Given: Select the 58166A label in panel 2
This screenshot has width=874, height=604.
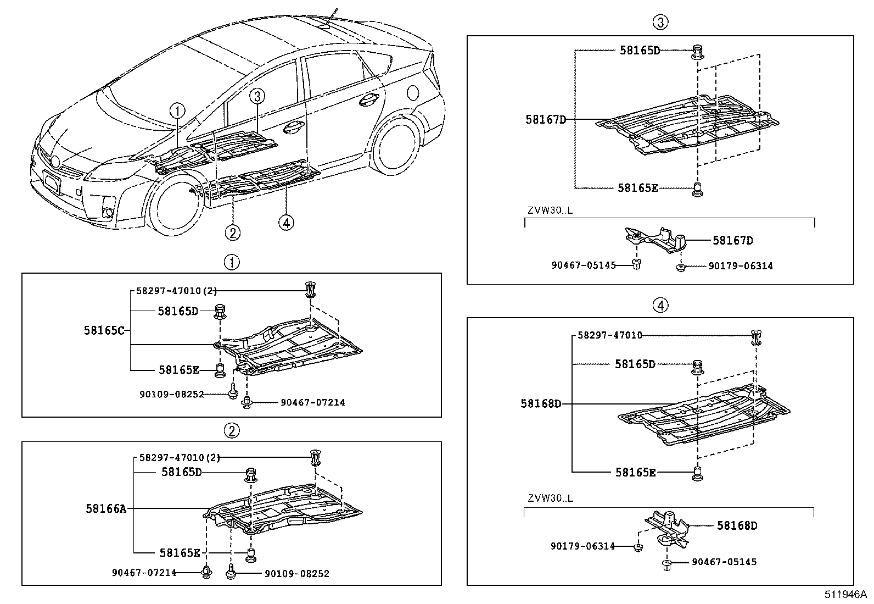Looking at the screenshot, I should point(106,509).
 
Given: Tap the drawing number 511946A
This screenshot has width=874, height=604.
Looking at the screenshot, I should point(844,594).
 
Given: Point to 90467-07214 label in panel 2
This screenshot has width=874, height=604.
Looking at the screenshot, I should point(144,573).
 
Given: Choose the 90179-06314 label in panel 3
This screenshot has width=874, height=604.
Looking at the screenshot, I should point(740,266).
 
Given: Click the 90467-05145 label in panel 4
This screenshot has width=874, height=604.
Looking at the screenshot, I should point(724,562).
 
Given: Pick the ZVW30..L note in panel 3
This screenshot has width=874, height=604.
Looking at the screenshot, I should point(550,210).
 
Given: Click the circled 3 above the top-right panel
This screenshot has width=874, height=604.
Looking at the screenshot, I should point(660,22).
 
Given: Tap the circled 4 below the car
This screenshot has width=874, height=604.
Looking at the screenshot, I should point(285,222).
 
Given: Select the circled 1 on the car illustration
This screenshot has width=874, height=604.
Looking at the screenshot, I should point(177,111).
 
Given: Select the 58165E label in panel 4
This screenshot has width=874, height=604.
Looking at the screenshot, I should point(635,472).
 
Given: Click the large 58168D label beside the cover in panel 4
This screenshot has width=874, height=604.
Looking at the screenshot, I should point(541,404).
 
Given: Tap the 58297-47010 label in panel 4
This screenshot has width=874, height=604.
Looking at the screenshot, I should point(609,335).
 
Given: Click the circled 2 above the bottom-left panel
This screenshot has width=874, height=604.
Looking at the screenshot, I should point(232,430).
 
